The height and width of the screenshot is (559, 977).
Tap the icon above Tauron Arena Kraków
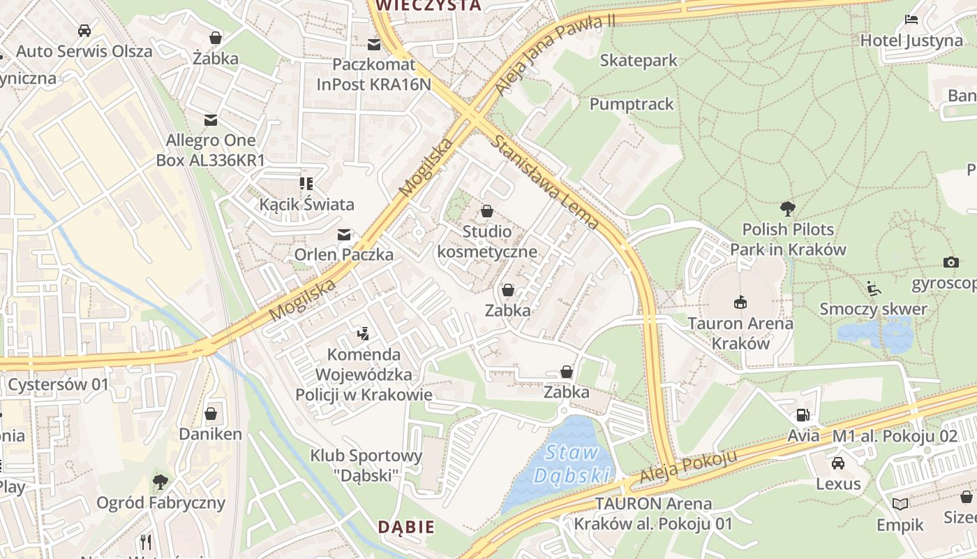point(740,303)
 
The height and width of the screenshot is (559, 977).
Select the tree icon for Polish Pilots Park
point(788,208)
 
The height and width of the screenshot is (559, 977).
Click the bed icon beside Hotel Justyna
point(911,19)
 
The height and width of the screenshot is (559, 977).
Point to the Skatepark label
point(639,61)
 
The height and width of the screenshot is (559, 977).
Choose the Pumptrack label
point(632,104)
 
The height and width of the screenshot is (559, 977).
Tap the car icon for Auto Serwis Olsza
point(84,31)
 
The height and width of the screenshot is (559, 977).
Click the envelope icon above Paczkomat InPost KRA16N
point(374,45)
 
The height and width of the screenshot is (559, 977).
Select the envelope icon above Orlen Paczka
point(343,235)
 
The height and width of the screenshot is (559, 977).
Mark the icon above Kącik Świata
point(306,184)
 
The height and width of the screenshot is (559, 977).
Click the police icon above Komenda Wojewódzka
point(363,334)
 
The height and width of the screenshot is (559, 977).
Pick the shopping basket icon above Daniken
point(211,414)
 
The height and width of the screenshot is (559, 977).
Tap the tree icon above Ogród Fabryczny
point(161,481)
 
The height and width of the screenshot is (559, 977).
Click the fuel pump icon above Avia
point(803,415)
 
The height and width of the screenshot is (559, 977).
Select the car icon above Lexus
point(837,463)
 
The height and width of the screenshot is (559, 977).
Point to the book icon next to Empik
point(900,504)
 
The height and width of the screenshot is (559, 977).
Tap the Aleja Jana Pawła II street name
point(555,55)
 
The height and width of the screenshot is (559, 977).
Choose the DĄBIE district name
point(406,527)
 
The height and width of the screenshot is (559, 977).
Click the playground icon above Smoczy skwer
point(873,289)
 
